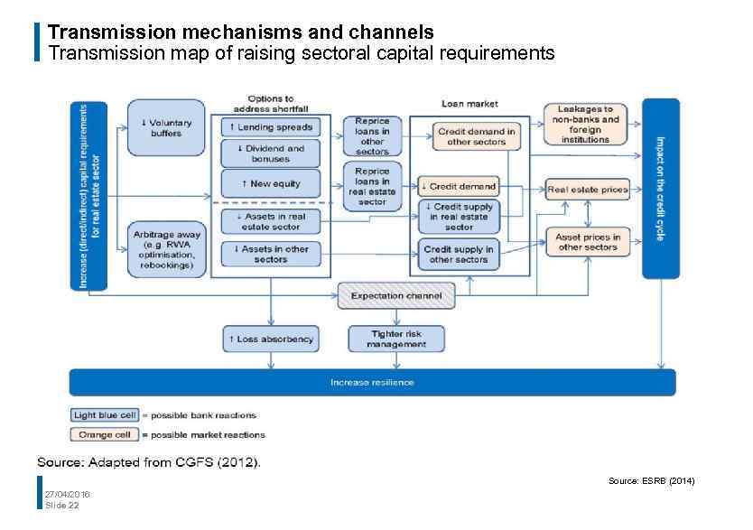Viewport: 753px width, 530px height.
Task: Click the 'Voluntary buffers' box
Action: coord(165,127)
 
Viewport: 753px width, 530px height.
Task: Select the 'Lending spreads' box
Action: coord(270,127)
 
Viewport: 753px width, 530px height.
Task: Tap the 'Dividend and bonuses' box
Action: coord(270,153)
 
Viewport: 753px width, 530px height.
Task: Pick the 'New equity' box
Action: coord(270,183)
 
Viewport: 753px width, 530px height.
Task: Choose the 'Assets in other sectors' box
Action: coord(270,254)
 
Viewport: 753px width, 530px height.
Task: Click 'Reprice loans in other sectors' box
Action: coord(371,135)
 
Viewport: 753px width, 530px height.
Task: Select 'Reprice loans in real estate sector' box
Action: coord(371,185)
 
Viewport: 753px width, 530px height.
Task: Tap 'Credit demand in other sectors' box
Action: coord(476,135)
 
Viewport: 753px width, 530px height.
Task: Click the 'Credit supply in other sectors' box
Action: coord(458,254)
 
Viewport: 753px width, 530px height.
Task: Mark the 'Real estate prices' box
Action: coord(587,190)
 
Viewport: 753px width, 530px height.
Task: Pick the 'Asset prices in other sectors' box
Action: coord(587,242)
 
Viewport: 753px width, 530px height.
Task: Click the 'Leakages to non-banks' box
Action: coord(585,125)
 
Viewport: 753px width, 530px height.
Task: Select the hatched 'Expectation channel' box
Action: coord(396,296)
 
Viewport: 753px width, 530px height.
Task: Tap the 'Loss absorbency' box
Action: coord(270,339)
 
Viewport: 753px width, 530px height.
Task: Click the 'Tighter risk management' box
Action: coord(396,339)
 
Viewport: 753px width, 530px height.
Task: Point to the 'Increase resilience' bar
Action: coord(372,382)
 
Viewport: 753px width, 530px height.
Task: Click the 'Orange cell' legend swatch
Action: coord(104,434)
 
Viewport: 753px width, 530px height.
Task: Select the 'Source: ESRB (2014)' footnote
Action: coord(651,481)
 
